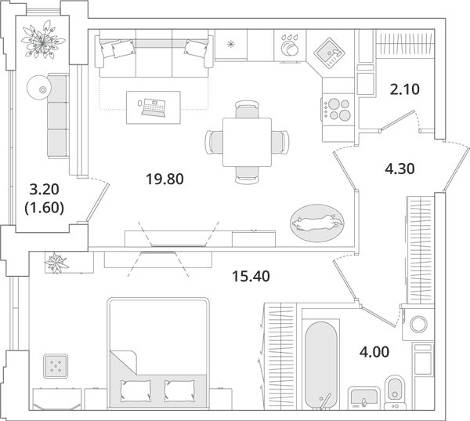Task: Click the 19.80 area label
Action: pyautogui.click(x=164, y=180)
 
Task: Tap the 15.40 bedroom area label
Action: pyautogui.click(x=251, y=277)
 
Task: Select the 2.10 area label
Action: pyautogui.click(x=405, y=89)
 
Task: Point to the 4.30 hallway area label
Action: pyautogui.click(x=399, y=169)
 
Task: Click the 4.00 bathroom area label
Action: pyautogui.click(x=374, y=352)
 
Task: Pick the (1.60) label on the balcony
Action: pyautogui.click(x=45, y=208)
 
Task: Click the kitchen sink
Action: pyautogui.click(x=329, y=53)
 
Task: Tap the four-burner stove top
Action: pyautogui.click(x=338, y=110)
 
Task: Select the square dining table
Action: pyautogui.click(x=247, y=142)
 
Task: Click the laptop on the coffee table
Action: pyautogui.click(x=154, y=107)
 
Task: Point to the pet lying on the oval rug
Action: pyautogui.click(x=316, y=223)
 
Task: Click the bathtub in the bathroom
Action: pyautogui.click(x=320, y=365)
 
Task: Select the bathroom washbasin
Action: pyautogui.click(x=364, y=397)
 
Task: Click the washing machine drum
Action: pyautogui.click(x=418, y=325)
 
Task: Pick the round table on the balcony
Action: pyautogui.click(x=39, y=87)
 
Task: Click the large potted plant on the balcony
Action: pyautogui.click(x=43, y=40)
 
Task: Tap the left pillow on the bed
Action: pyautogui.click(x=136, y=391)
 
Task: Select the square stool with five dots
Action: pyautogui.click(x=56, y=366)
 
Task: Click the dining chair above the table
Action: pyautogui.click(x=247, y=109)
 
